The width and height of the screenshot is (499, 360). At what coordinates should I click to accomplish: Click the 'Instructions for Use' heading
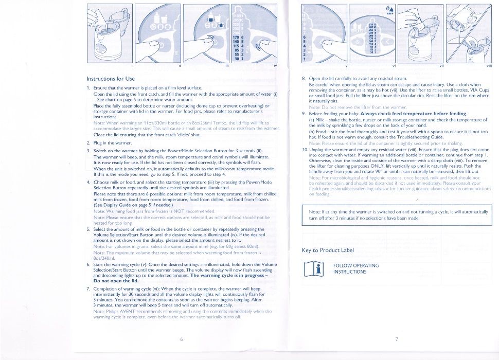[x=110, y=79]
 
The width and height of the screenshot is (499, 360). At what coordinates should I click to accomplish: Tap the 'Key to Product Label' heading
[x=327, y=250]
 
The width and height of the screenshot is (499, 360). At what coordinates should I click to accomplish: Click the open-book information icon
[x=315, y=268]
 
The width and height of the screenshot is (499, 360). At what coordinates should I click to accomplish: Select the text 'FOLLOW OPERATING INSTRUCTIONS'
[x=355, y=268]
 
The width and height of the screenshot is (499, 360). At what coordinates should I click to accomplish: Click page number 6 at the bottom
[x=181, y=339]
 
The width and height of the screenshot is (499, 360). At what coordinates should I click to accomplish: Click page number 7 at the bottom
[x=396, y=339]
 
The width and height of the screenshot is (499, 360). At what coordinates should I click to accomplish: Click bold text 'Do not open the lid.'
[x=110, y=281]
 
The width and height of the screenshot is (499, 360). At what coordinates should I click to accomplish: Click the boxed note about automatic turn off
[x=396, y=215]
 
